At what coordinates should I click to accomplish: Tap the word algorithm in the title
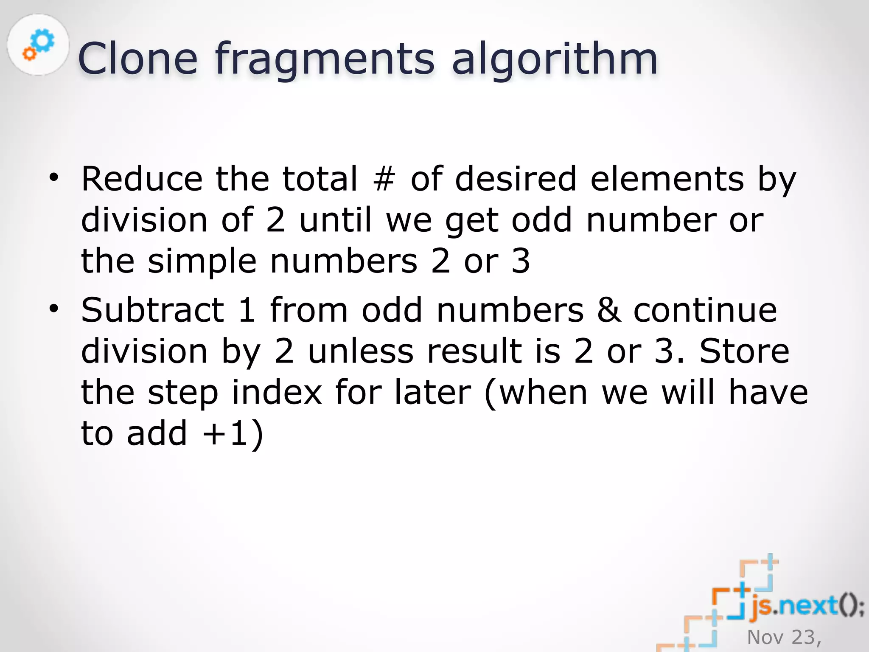point(555,59)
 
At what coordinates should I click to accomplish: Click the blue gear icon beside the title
point(43,40)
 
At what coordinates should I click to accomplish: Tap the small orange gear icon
point(29,53)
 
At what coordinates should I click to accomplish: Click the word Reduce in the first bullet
point(142,179)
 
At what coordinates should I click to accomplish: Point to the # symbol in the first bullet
point(384,179)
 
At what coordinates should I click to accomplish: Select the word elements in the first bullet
point(667,179)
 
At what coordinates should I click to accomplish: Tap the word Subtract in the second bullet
point(152,310)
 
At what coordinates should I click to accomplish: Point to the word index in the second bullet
point(277,392)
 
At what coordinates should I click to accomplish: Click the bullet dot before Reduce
point(53,177)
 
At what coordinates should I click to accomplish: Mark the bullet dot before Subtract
point(53,309)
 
